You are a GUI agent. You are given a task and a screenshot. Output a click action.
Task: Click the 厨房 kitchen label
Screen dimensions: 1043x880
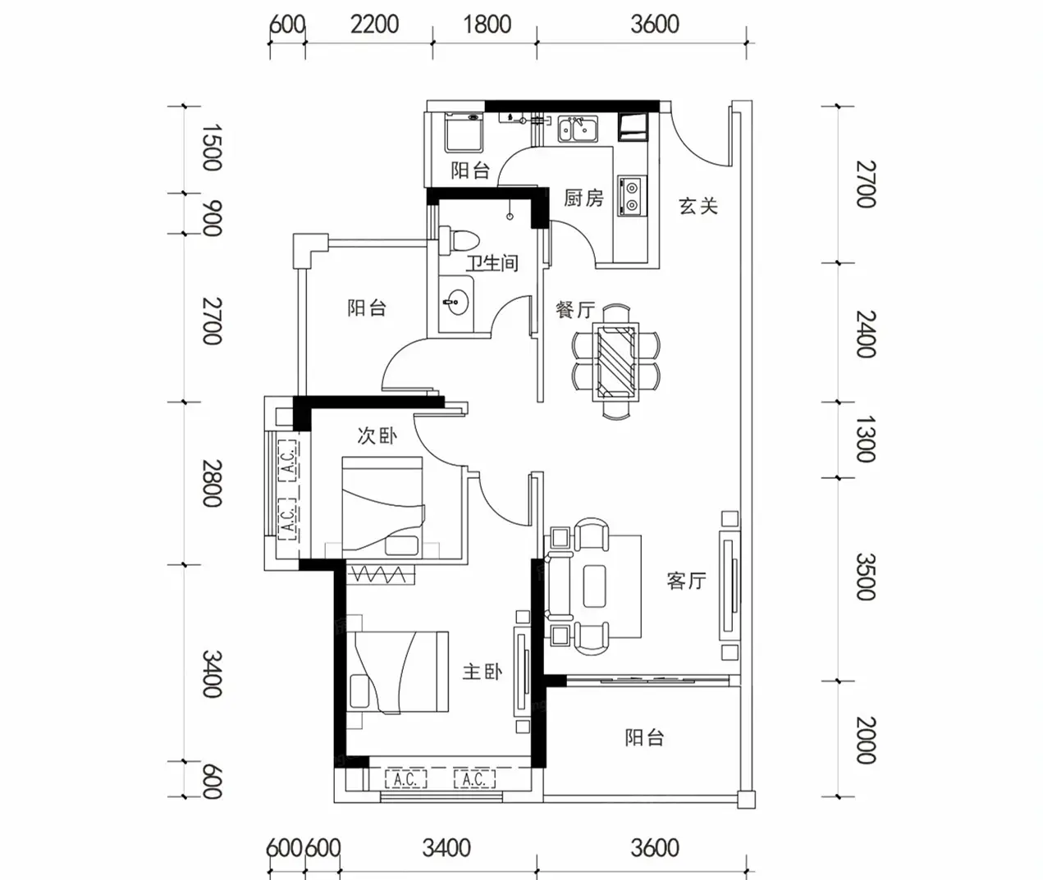tap(583, 198)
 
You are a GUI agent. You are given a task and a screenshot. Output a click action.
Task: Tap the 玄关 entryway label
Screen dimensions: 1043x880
tap(698, 206)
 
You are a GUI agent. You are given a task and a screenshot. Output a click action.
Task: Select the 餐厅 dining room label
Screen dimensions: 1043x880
tap(575, 310)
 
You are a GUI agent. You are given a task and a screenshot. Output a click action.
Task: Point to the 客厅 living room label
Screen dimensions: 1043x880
tap(686, 581)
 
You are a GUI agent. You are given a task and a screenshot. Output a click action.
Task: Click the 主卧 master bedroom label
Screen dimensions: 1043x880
tap(482, 672)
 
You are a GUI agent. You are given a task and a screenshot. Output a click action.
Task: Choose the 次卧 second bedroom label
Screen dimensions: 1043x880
tap(377, 435)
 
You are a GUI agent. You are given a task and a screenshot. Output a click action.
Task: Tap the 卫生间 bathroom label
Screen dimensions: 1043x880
tap(492, 263)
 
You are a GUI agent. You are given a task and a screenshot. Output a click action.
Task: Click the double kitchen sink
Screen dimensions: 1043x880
tap(578, 129)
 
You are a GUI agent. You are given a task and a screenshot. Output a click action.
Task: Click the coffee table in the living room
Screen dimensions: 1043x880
tap(594, 586)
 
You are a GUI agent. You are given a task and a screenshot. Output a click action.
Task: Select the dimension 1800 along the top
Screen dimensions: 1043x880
tap(487, 25)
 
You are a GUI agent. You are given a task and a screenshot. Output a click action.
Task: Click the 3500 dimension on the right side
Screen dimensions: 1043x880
tap(866, 577)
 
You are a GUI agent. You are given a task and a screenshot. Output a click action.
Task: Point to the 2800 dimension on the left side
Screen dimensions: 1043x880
tap(212, 483)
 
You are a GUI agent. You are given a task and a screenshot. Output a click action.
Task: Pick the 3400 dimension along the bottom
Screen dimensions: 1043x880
tap(446, 848)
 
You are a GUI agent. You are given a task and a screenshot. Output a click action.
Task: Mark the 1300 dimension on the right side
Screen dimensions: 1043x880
tap(866, 439)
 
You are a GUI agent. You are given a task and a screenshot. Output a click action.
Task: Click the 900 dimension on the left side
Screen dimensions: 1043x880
tap(212, 218)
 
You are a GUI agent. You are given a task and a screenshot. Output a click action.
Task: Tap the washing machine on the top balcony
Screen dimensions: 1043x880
tap(464, 132)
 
